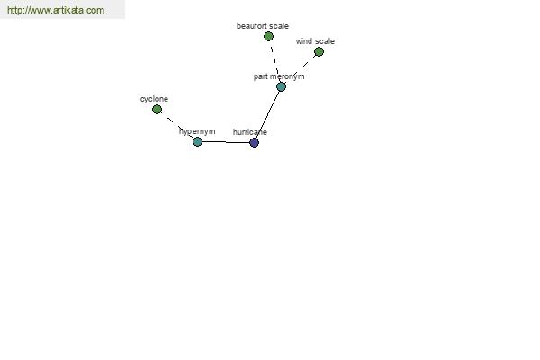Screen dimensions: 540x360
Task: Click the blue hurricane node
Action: [x=254, y=142]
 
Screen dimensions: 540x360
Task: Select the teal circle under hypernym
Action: [x=197, y=141]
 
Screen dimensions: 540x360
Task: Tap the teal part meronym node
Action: [x=281, y=86]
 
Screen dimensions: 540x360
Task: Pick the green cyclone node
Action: [x=157, y=110]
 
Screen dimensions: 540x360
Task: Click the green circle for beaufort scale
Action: [x=268, y=36]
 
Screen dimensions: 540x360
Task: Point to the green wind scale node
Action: [x=319, y=52]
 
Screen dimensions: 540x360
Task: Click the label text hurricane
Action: [x=250, y=132]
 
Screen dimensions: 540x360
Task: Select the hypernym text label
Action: [x=197, y=131]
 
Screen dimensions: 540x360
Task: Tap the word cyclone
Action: [x=154, y=99]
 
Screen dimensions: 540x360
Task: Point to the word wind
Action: [x=303, y=41]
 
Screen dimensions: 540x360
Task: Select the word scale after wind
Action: [x=324, y=41]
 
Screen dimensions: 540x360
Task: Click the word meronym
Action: [x=288, y=76]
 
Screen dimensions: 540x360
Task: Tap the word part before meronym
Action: [x=261, y=76]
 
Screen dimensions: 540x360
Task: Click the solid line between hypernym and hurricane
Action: [x=226, y=142]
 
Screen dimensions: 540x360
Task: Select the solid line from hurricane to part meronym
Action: [x=267, y=114]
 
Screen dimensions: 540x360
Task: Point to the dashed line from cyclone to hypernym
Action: [x=177, y=126]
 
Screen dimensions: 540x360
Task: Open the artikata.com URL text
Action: [x=56, y=10]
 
